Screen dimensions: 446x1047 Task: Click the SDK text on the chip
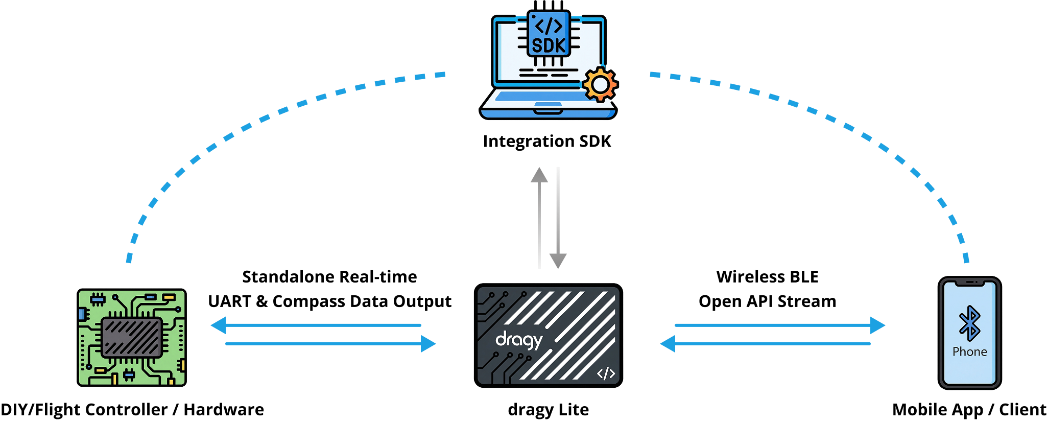click(549, 45)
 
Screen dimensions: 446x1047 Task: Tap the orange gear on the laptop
click(600, 84)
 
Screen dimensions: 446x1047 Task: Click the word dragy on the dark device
click(518, 340)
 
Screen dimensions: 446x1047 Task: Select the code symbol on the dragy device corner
click(606, 373)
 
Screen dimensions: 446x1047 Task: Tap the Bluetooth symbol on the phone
click(969, 323)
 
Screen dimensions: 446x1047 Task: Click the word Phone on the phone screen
click(969, 352)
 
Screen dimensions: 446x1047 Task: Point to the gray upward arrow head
click(539, 175)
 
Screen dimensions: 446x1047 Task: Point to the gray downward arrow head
click(558, 261)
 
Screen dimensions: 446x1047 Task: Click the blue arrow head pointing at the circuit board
click(219, 325)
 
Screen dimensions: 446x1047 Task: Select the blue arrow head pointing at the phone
click(877, 325)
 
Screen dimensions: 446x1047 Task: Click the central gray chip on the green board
click(132, 337)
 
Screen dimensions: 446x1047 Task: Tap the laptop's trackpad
click(548, 105)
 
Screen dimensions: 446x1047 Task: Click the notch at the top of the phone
click(970, 283)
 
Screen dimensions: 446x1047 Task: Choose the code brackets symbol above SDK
click(549, 26)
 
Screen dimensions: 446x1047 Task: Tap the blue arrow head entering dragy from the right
click(668, 344)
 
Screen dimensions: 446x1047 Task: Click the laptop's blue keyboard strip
click(541, 96)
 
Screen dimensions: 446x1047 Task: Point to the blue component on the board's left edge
click(82, 314)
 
